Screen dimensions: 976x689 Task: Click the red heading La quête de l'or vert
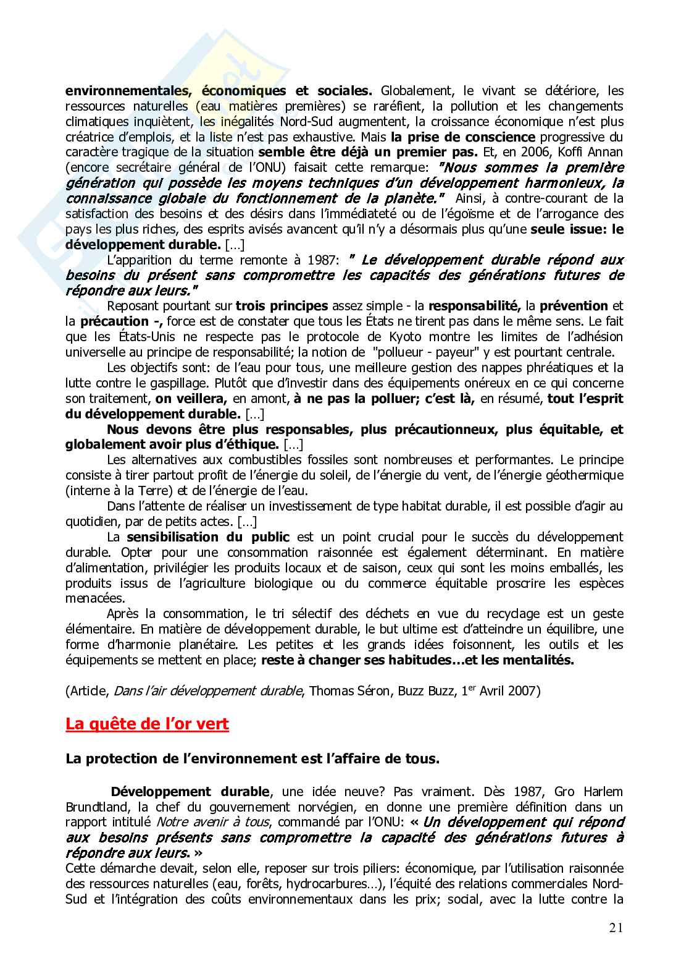(147, 724)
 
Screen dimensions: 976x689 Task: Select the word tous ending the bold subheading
(425, 759)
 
